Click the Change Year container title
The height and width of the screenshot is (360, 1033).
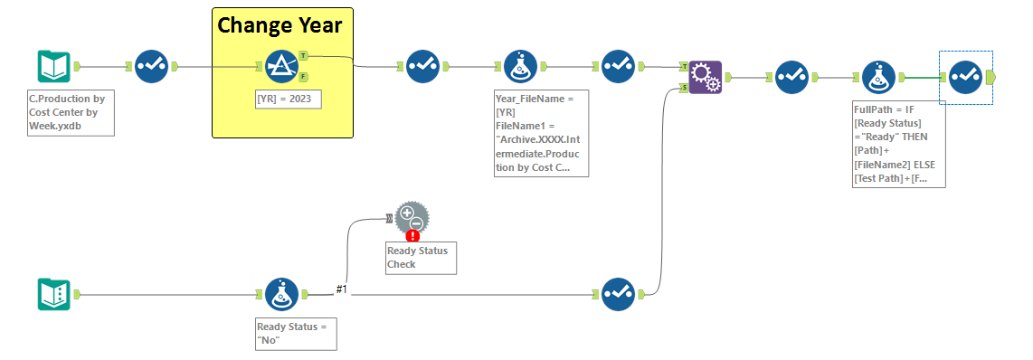(x=280, y=25)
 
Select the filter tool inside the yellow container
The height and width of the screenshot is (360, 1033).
(x=282, y=66)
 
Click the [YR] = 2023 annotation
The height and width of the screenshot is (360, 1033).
(x=289, y=99)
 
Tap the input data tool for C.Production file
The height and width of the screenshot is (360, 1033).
(x=53, y=66)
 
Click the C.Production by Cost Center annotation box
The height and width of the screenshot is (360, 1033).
(x=71, y=113)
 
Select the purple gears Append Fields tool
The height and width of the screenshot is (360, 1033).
(x=705, y=77)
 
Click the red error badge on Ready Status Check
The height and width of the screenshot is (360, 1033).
(x=412, y=236)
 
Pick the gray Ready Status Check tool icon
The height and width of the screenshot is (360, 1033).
(x=412, y=218)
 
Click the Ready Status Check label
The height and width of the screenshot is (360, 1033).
(x=418, y=258)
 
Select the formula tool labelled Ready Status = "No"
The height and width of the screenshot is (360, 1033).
(x=282, y=295)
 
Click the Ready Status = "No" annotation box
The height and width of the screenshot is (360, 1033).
(x=295, y=333)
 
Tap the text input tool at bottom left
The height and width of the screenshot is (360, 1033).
(x=53, y=295)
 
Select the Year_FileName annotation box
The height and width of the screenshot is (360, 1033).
(x=541, y=132)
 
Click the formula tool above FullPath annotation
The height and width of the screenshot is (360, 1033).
(x=878, y=77)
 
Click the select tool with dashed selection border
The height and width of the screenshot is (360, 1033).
(x=965, y=77)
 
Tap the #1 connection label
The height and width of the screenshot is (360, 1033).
(x=342, y=289)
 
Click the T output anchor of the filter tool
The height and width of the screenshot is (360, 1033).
(x=303, y=55)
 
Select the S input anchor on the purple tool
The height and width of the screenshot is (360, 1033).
(x=683, y=88)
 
